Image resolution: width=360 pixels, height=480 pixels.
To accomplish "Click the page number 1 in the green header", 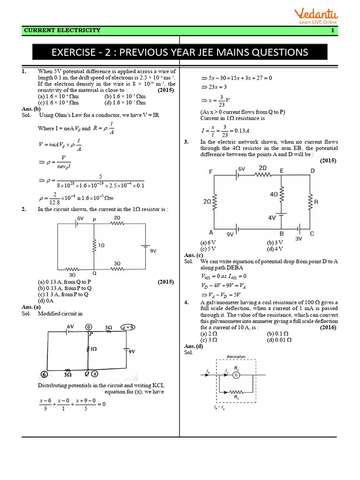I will pos(332,30).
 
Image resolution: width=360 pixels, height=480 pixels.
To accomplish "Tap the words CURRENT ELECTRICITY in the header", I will pos(62,30).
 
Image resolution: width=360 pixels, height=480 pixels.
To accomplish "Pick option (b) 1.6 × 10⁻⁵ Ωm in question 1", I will pos(126,96).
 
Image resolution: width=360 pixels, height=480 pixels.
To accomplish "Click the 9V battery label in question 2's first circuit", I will pos(153,251).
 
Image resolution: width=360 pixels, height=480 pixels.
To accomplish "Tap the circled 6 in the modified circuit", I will pos(44,375).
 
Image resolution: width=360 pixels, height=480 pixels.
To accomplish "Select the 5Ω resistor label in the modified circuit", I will pos(108,327).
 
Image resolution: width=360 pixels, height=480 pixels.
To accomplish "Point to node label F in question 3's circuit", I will pos(210,172).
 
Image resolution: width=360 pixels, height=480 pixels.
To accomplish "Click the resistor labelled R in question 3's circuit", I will pos(309,202).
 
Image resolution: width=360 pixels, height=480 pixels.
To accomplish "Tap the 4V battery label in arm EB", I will pos(272,218).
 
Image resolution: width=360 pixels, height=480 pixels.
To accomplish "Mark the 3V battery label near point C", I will pos(299,239).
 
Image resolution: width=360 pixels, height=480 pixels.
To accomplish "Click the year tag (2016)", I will pos(329,328).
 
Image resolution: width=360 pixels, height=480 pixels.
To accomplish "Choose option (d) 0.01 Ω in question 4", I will pos(279,339).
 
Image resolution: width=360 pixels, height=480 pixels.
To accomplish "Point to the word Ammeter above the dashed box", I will pos(236,357).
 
